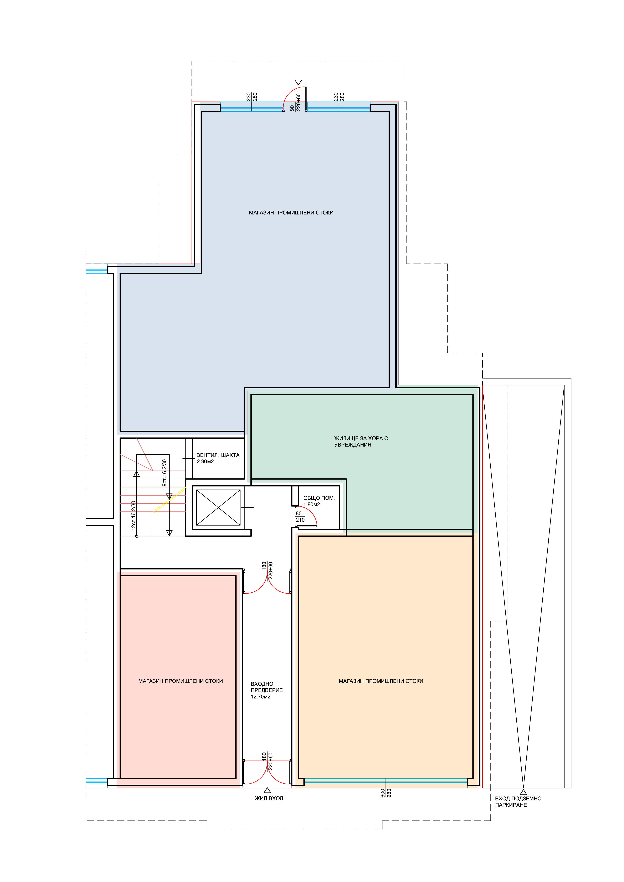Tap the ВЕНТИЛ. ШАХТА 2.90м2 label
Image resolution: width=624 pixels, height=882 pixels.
coord(218,458)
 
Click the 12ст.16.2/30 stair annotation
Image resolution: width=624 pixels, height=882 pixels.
coord(133,515)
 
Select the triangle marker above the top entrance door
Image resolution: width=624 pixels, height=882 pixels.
coord(298,82)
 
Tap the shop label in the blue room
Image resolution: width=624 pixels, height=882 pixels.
coord(291,212)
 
